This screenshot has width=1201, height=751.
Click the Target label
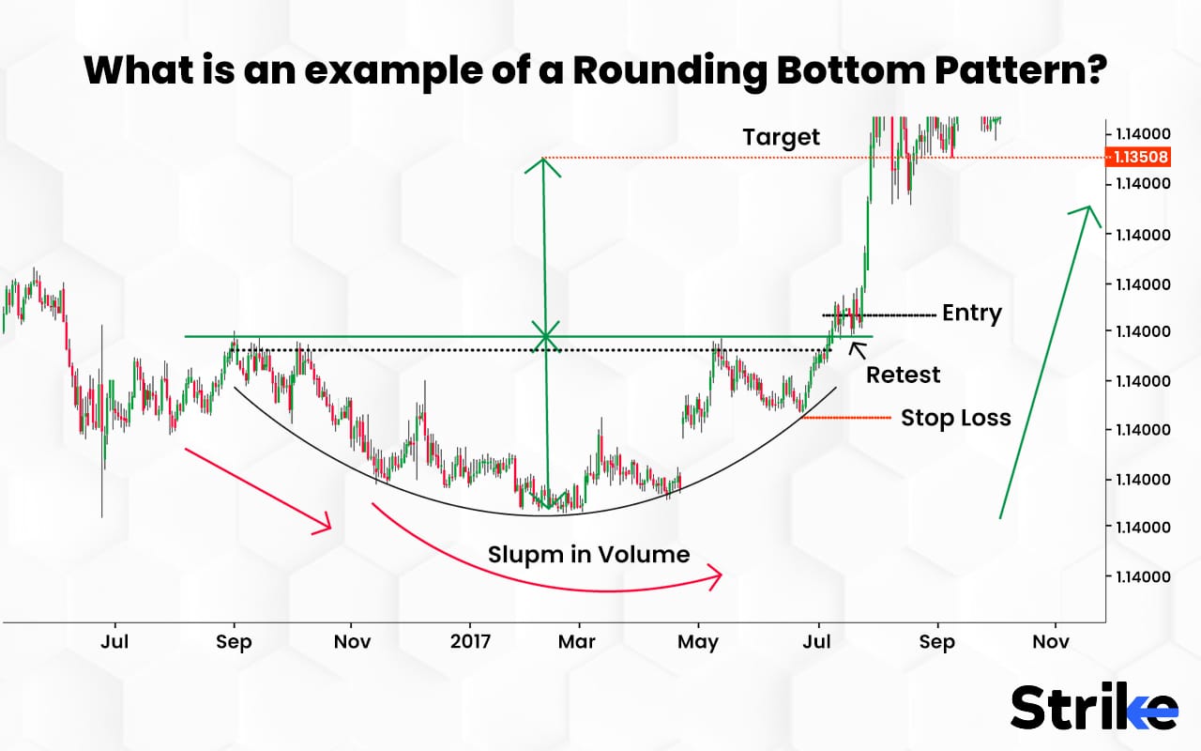click(781, 138)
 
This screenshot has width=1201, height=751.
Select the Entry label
click(971, 314)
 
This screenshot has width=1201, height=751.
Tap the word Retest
click(903, 375)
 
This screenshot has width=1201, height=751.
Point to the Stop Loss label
click(955, 418)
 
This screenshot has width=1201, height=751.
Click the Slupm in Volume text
click(588, 555)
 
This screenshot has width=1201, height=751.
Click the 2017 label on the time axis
click(471, 642)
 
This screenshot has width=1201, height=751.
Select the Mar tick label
click(577, 642)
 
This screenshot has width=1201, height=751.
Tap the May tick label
click(698, 642)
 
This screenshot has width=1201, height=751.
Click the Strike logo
click(1093, 708)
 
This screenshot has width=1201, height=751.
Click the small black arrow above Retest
click(856, 349)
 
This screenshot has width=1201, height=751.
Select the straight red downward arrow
click(259, 490)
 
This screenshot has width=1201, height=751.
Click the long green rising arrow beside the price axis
click(1044, 361)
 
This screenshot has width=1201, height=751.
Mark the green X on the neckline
click(545, 336)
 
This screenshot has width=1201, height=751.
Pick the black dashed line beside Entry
click(878, 314)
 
